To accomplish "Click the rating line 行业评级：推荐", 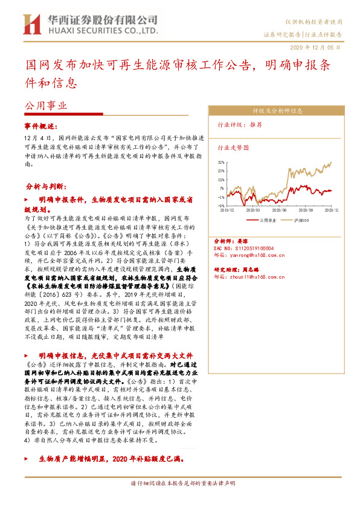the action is (x=240, y=125).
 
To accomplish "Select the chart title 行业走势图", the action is (x=233, y=147).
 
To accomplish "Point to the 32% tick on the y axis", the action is (x=222, y=163).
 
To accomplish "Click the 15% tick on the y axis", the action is (x=222, y=180).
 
